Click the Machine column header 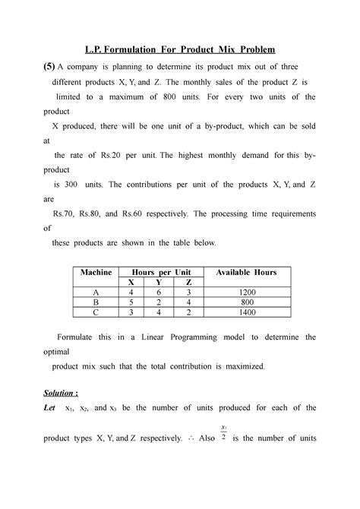[x=93, y=272]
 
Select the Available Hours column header [x=246, y=272]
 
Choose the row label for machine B [x=93, y=301]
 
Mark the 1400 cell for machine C [x=246, y=311]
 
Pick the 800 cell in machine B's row [x=246, y=301]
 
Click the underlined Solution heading [x=60, y=396]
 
